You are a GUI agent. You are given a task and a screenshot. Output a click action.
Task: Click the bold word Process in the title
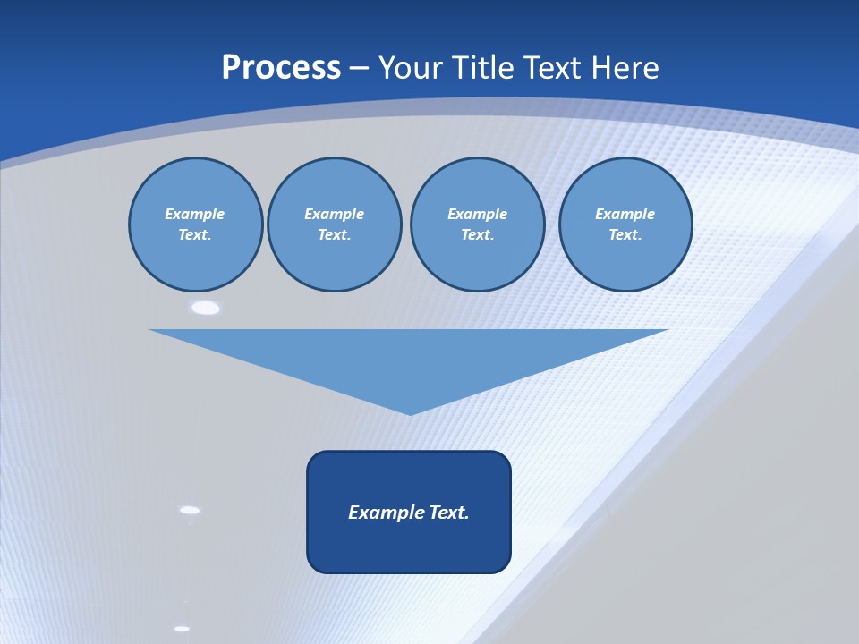[x=281, y=68]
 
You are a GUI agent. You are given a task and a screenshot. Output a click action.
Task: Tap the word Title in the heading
[x=485, y=68]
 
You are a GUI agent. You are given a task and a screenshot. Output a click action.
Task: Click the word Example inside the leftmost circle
[x=194, y=214]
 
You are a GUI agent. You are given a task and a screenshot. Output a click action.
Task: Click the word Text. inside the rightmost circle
[x=625, y=234]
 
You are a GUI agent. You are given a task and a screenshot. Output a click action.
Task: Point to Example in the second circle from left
[x=334, y=214]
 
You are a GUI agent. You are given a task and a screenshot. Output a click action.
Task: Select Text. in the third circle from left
[x=477, y=234]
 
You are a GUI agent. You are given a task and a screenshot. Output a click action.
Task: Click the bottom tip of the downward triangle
[x=410, y=413]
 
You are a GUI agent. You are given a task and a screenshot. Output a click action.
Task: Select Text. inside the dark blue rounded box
[x=449, y=513]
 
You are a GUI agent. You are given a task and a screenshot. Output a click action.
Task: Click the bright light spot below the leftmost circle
[x=206, y=308]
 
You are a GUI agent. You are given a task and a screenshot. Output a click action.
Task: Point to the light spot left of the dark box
[x=190, y=510]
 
